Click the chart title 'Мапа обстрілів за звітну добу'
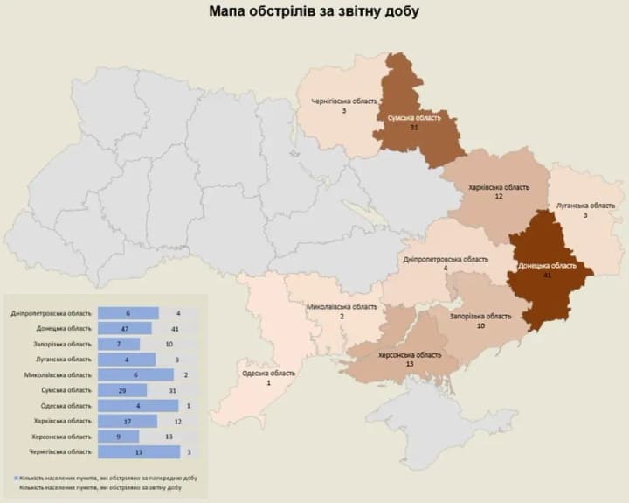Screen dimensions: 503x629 point(314,12)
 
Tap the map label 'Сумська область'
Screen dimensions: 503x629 point(414,116)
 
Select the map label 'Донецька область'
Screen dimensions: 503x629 point(547,265)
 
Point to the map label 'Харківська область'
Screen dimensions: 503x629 point(499,187)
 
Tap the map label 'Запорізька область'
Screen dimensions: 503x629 point(480,316)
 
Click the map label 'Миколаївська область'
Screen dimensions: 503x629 point(342,307)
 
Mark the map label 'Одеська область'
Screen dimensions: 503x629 point(269,373)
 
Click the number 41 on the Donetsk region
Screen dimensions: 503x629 point(547,275)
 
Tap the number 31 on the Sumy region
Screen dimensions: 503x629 point(414,127)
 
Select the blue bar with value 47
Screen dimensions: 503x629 point(125,328)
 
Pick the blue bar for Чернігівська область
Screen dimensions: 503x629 point(139,451)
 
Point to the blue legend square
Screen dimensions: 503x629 point(17,479)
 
